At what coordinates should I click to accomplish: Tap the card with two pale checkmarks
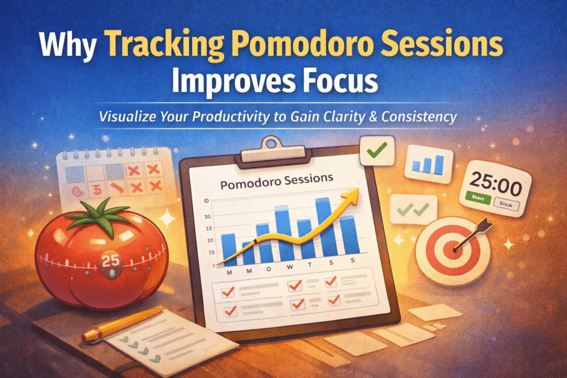click(414, 209)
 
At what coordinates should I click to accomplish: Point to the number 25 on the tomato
click(110, 261)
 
